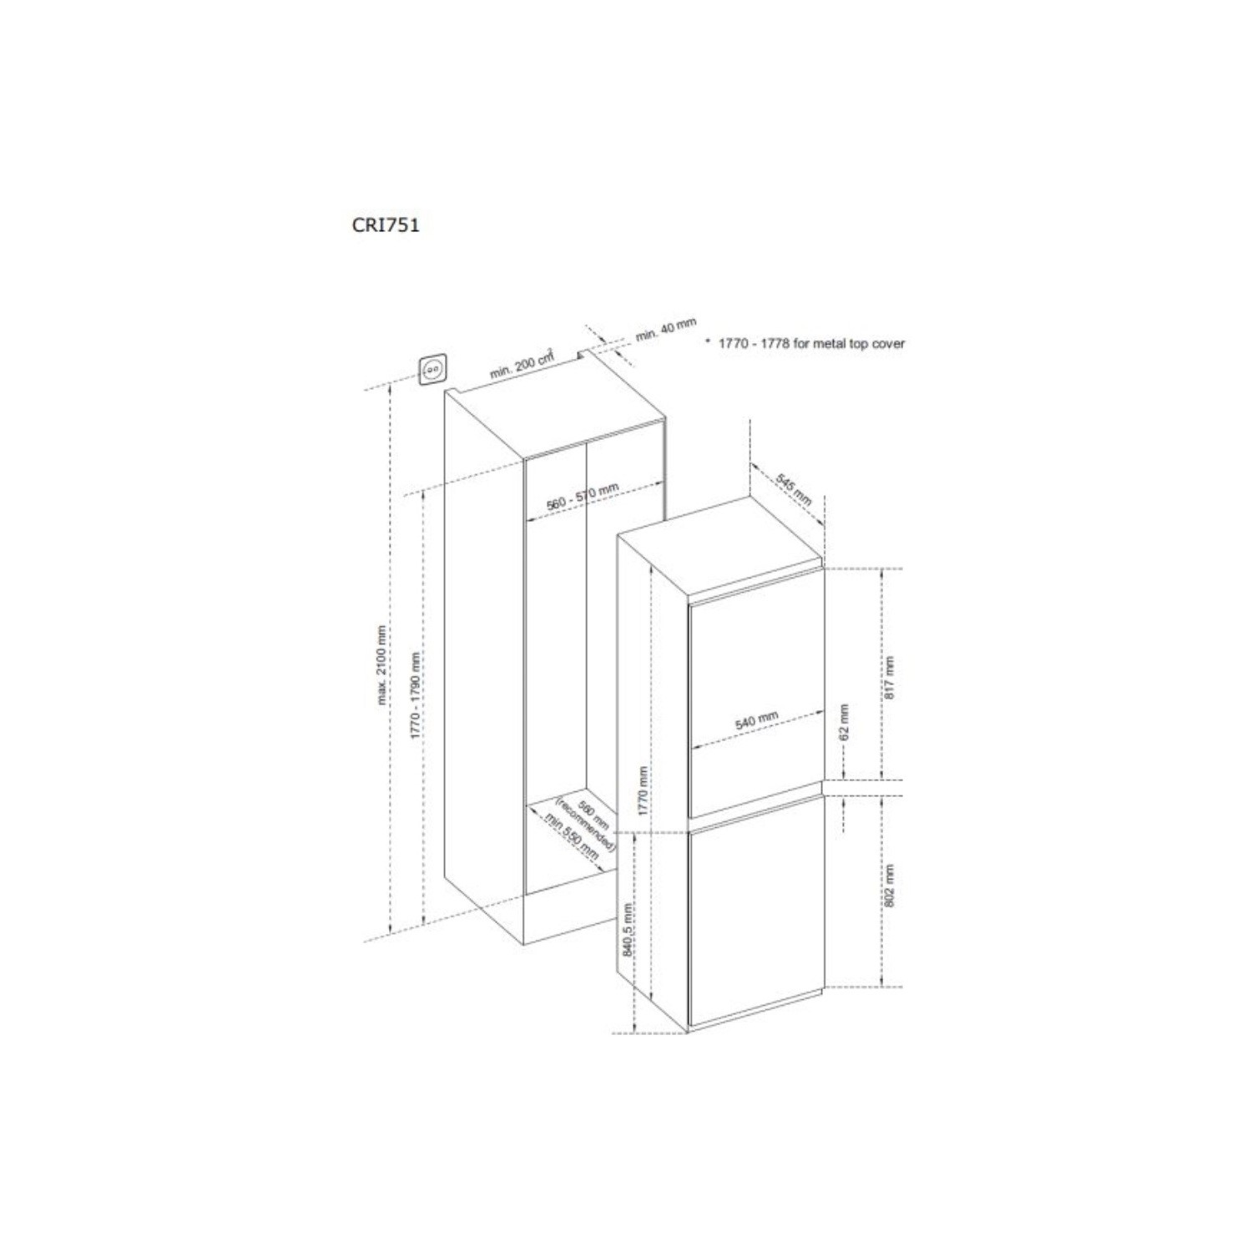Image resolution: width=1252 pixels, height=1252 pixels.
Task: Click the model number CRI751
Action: click(386, 225)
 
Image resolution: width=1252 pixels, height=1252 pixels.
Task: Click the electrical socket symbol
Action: click(432, 369)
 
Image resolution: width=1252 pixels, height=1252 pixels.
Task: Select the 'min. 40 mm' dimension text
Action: click(665, 329)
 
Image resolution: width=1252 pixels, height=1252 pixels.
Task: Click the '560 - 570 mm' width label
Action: click(582, 498)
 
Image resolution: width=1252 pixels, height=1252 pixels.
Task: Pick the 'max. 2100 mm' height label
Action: click(382, 665)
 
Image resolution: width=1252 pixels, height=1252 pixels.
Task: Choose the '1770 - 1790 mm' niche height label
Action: click(415, 694)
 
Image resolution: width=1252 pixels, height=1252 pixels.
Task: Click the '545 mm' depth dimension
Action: click(793, 490)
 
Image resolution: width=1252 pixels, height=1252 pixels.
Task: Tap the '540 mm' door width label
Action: click(756, 721)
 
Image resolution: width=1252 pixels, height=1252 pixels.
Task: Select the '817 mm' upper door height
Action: click(889, 677)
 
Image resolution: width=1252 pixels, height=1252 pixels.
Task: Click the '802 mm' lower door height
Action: click(889, 886)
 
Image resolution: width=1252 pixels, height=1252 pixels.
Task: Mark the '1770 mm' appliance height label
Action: click(643, 790)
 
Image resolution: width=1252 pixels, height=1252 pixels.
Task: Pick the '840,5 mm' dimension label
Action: click(628, 929)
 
